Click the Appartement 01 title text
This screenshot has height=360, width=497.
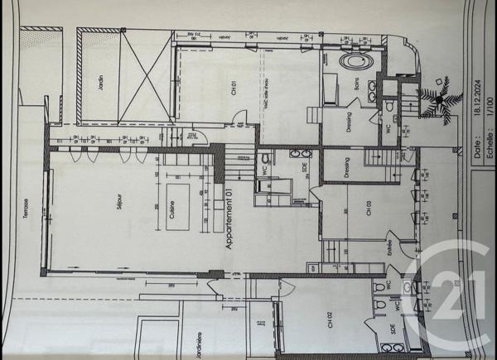(229, 218)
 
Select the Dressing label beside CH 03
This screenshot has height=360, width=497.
(347, 169)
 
